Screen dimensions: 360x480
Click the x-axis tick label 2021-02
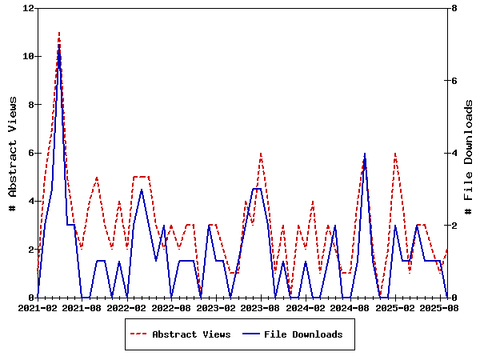(x=38, y=307)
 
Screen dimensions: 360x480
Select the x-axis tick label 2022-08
(x=171, y=307)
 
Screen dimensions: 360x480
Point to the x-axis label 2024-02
(x=306, y=307)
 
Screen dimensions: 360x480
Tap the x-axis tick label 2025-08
(x=439, y=307)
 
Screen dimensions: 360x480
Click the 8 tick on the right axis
(x=454, y=8)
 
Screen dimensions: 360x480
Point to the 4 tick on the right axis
(x=454, y=153)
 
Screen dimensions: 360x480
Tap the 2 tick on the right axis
(x=454, y=225)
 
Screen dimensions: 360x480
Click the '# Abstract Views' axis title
(x=13, y=153)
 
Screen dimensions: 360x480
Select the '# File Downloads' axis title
(x=470, y=153)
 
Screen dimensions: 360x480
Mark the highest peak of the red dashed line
(x=59, y=33)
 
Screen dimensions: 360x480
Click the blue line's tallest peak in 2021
(x=59, y=45)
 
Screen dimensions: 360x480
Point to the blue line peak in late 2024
(x=365, y=154)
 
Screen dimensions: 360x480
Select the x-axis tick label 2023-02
(x=216, y=307)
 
